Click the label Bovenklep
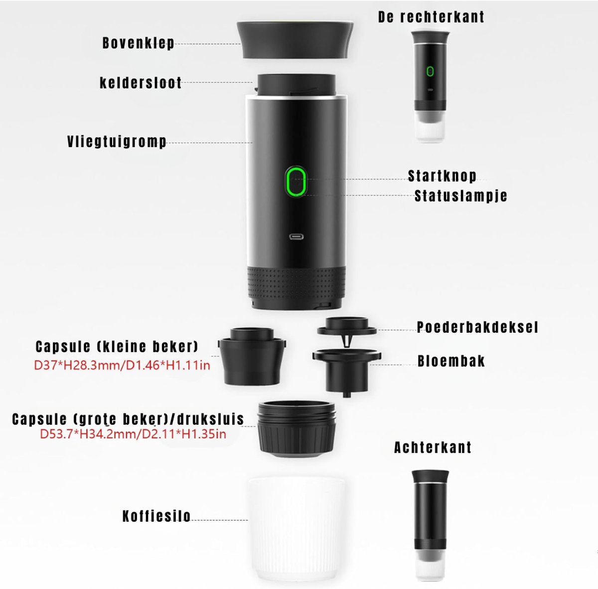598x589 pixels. click(139, 43)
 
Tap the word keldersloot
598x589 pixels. click(141, 83)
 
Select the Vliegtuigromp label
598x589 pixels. click(117, 142)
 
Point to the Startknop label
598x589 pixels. click(442, 176)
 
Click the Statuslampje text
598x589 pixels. click(461, 196)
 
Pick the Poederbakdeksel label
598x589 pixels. click(477, 327)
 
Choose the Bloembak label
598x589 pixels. click(451, 361)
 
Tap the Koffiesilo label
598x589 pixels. click(156, 516)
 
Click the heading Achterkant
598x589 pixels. click(433, 448)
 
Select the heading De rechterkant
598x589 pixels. click(431, 17)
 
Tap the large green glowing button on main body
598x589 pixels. click(296, 182)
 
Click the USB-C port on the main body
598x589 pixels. click(297, 237)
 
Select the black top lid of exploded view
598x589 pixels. click(295, 40)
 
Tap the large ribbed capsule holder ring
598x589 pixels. click(297, 429)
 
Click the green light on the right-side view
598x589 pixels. click(430, 71)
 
